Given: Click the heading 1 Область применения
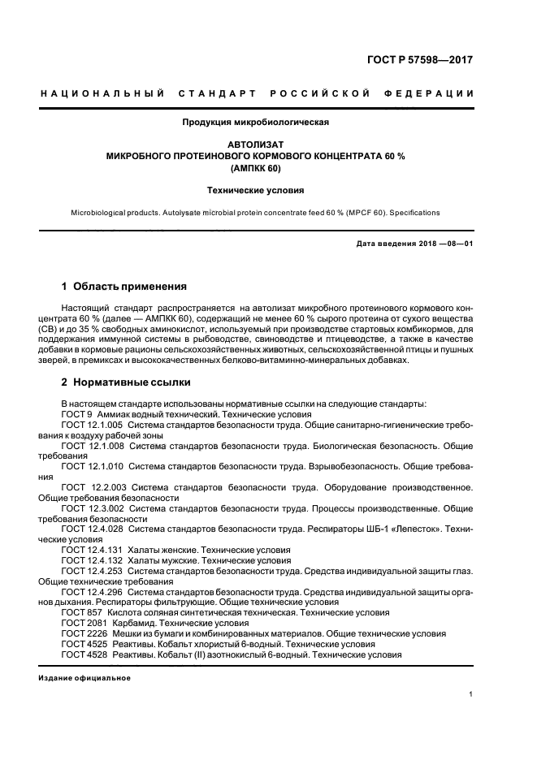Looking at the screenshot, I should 124,287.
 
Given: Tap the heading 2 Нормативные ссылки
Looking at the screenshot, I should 127,382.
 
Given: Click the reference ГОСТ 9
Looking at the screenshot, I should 77,414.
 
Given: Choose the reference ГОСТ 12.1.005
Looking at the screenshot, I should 92,425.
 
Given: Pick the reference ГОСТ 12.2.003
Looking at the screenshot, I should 93,487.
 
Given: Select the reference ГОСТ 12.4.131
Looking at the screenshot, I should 92,550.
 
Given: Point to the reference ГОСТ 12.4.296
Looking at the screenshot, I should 92,592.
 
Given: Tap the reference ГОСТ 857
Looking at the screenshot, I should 80,613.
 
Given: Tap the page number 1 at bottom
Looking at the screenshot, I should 471,694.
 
